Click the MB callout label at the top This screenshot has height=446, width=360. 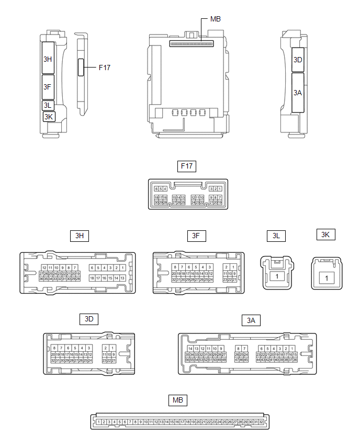point(215,19)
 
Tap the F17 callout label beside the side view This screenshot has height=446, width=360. point(104,67)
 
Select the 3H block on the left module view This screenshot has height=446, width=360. point(48,59)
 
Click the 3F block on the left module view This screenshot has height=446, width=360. point(48,87)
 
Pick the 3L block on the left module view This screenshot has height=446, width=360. point(48,106)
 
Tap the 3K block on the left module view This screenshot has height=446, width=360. point(49,117)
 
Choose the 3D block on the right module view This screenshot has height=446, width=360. point(298,60)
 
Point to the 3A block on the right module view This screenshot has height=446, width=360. point(298,93)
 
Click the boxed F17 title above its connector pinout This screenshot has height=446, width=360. point(187,167)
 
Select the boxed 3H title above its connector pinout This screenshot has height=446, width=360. point(80,236)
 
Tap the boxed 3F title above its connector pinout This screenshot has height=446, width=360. point(196,236)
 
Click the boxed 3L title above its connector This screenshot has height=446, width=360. point(276,236)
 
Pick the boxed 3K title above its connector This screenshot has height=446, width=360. point(325,235)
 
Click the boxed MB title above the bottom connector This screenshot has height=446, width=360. point(178,401)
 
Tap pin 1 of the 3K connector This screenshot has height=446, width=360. point(327,277)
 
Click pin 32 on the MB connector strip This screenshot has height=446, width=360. point(261,422)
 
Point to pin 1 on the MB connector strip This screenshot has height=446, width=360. point(98,422)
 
